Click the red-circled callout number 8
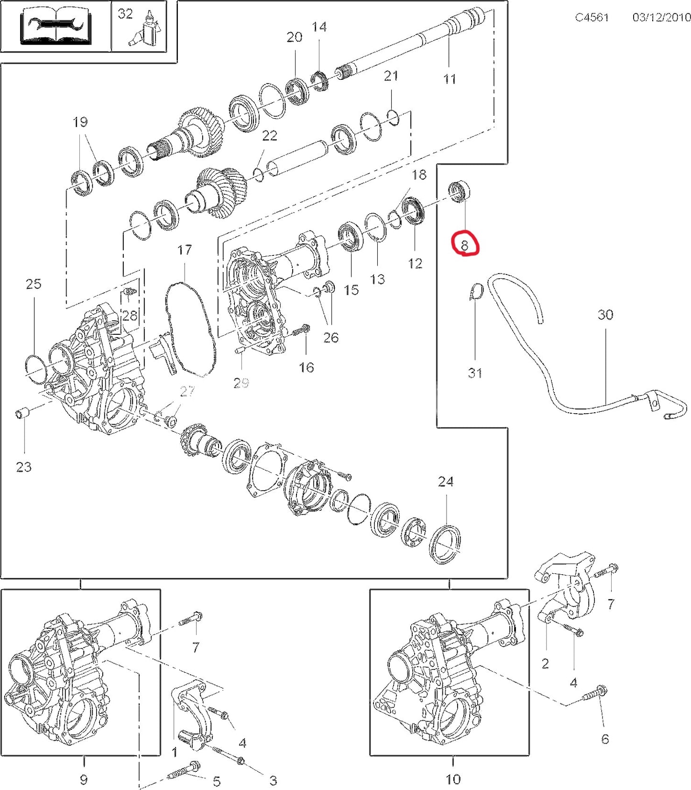click(464, 246)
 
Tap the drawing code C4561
click(592, 17)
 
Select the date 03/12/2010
click(661, 17)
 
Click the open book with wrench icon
click(55, 26)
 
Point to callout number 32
click(125, 13)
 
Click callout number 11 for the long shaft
click(450, 78)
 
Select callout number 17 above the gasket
click(185, 250)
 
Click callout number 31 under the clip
click(475, 373)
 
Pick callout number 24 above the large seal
click(446, 482)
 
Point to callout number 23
click(24, 467)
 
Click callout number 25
click(33, 284)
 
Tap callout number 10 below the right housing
click(453, 779)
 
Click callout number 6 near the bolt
click(605, 739)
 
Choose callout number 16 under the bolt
click(307, 367)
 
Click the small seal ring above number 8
click(460, 191)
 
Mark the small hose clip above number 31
click(476, 292)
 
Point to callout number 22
click(270, 136)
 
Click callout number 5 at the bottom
click(217, 781)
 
